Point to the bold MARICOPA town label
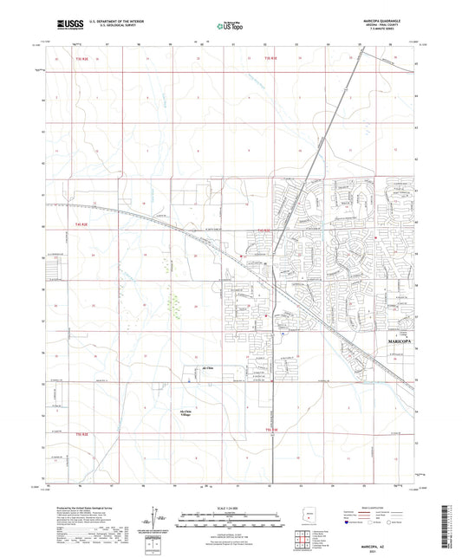[x=398, y=341]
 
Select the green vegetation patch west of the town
[x=176, y=305]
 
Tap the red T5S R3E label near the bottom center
[x=272, y=430]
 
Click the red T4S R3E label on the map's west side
[x=74, y=224]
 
